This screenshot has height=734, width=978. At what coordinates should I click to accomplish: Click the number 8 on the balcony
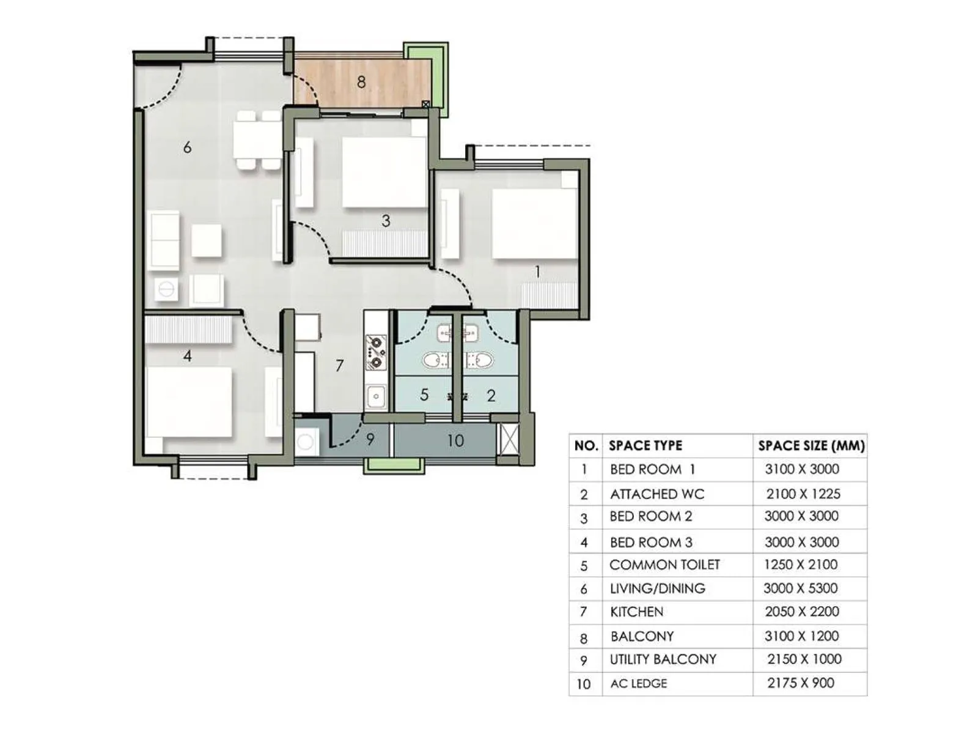[x=361, y=81]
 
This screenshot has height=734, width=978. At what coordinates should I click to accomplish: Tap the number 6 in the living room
[x=187, y=147]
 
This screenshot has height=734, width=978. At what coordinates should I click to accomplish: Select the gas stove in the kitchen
[x=375, y=353]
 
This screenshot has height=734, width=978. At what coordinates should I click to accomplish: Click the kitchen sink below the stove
[x=375, y=396]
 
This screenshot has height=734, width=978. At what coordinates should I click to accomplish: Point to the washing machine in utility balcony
[x=306, y=441]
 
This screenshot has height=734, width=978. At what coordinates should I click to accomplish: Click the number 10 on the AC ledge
[x=455, y=440]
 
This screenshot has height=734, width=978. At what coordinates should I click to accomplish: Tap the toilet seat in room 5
[x=436, y=360]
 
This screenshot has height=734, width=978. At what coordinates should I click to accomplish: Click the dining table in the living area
[x=257, y=140]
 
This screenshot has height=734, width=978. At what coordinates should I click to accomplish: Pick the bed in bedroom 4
[x=189, y=402]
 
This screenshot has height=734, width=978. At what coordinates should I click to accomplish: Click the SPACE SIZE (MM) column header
[x=811, y=446]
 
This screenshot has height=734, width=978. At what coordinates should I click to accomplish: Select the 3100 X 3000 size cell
[x=802, y=469]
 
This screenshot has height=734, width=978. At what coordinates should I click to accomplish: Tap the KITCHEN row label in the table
[x=636, y=612]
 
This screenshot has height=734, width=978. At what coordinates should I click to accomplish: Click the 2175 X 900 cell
[x=801, y=683]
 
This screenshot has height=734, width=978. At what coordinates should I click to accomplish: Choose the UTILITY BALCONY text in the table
[x=663, y=659]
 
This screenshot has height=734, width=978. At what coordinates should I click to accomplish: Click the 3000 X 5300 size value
[x=800, y=588]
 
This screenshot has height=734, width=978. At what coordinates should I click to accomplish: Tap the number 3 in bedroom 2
[x=386, y=221]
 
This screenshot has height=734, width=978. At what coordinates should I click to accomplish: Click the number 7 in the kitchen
[x=340, y=366]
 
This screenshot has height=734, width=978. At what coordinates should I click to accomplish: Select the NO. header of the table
[x=586, y=446]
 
